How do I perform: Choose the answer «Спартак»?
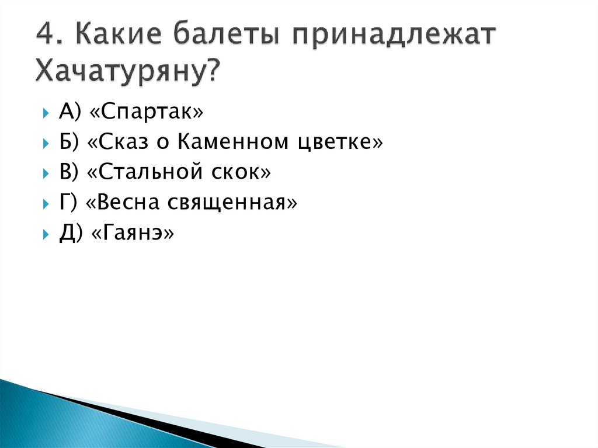[x=147, y=112]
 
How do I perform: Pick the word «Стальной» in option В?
[x=145, y=172]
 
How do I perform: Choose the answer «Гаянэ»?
[x=133, y=233]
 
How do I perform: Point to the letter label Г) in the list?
[x=68, y=203]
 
